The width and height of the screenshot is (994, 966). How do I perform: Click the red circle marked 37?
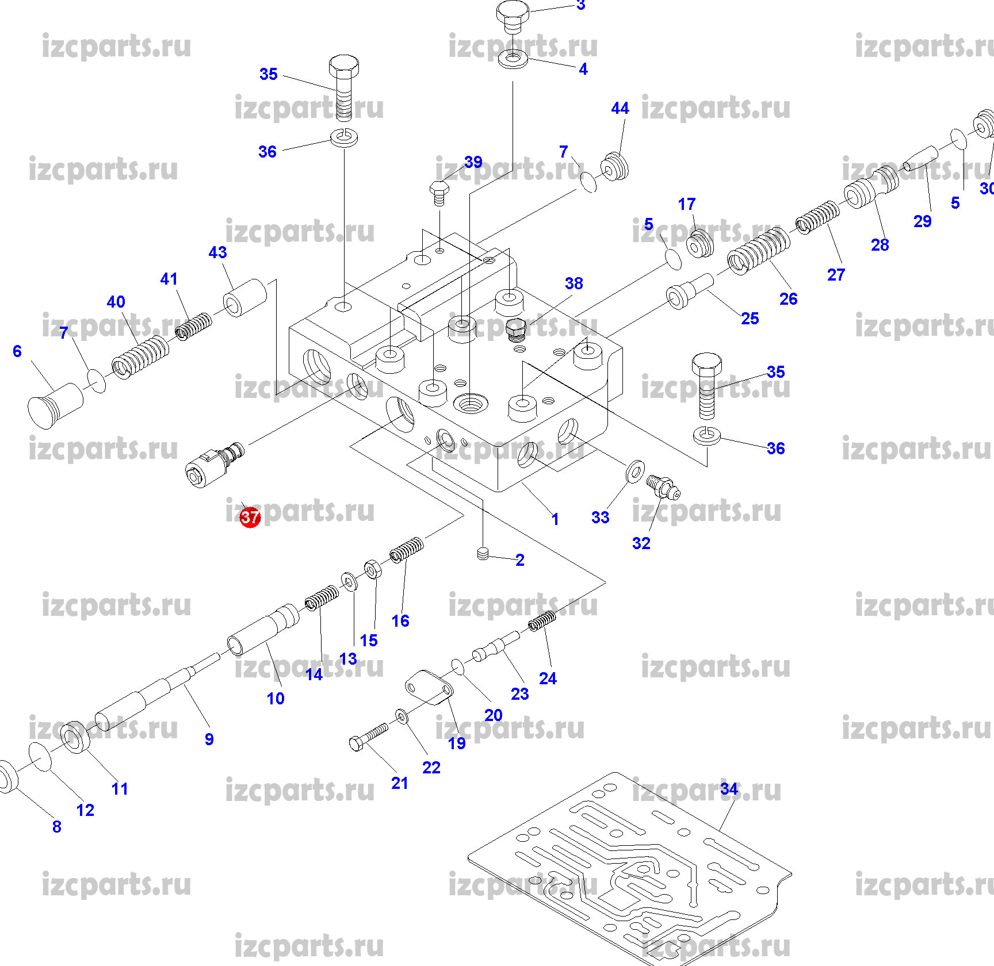coord(250,517)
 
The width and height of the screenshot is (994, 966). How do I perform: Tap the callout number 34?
coord(729,789)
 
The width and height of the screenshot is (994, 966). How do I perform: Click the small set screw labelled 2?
coord(483,554)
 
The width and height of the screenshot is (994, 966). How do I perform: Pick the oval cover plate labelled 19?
coord(429,687)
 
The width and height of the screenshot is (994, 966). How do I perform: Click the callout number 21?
coord(400,783)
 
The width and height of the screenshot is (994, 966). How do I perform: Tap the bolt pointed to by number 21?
coord(369,737)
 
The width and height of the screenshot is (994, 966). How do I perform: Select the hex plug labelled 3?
coord(513,16)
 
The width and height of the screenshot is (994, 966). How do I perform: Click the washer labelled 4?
coord(513,59)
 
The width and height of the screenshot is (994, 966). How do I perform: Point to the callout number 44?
coord(620,108)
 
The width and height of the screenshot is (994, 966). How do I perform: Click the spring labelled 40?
coord(140,356)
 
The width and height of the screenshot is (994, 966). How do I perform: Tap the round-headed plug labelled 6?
coord(55,405)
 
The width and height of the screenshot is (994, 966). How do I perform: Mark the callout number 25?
coord(750,319)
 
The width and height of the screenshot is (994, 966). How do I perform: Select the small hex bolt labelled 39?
coord(439,192)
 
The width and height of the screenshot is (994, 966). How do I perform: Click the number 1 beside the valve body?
coord(555,519)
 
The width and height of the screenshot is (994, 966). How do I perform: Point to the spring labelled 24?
coord(542,621)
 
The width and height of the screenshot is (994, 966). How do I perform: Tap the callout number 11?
coord(120,789)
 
